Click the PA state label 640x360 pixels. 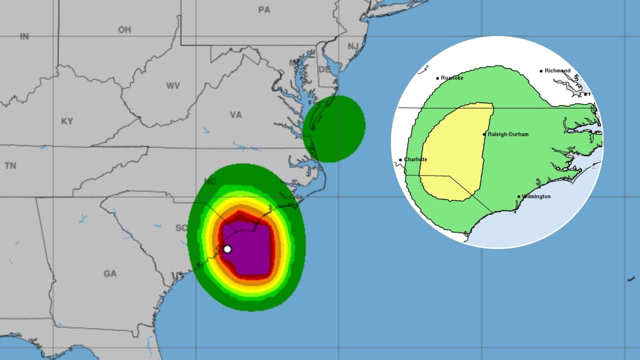tap(264, 9)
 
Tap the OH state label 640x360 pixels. tap(124, 30)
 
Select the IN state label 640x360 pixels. tap(24, 36)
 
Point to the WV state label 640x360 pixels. tap(173, 86)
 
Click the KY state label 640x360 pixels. tap(66, 121)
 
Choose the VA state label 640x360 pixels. tap(235, 115)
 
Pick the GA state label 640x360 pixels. tap(110, 273)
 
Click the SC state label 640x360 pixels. tap(180, 228)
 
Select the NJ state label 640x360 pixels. tap(353, 46)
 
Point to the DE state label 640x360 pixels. tap(324, 69)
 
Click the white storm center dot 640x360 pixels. tap(227, 249)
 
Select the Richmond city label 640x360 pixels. tap(557, 71)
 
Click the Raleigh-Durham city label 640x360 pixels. tap(507, 134)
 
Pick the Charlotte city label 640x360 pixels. tap(415, 159)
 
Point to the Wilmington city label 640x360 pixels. tap(536, 196)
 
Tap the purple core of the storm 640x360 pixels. tap(250, 250)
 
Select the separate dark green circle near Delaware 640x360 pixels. tap(334, 128)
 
